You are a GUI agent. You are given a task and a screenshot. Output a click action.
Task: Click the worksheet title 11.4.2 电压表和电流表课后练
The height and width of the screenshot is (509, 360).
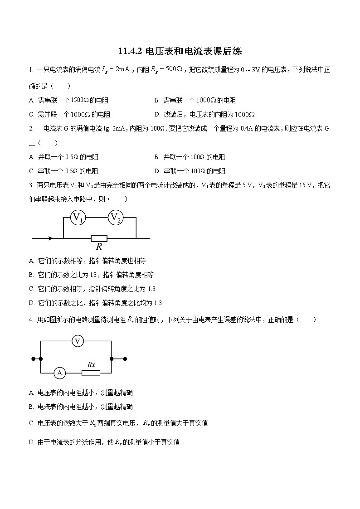[180, 51]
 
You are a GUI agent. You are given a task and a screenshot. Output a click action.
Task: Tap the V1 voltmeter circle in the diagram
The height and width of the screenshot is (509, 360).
[78, 218]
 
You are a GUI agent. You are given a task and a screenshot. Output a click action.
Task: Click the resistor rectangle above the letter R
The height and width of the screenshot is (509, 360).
[99, 238]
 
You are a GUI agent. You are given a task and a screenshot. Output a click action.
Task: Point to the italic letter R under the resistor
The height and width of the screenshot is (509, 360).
[99, 247]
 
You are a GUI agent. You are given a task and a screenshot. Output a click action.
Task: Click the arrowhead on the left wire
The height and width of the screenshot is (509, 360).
[50, 238]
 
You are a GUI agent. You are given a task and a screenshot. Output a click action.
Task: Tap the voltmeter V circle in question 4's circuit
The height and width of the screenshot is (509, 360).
[78, 341]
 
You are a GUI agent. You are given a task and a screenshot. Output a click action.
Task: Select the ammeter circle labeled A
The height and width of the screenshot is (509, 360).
[59, 373]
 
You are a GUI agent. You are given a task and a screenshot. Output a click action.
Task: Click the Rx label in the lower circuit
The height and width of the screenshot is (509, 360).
[91, 364]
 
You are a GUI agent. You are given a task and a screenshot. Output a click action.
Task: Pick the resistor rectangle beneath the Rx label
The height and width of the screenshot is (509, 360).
[91, 373]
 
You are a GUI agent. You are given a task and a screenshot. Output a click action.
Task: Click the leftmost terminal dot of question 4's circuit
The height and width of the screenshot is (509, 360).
[33, 359]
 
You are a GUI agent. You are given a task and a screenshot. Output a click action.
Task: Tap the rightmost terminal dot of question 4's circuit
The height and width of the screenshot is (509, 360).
[125, 359]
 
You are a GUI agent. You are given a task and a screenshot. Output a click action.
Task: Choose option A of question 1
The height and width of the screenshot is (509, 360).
[68, 100]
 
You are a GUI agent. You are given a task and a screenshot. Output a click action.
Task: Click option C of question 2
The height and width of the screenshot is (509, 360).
[63, 171]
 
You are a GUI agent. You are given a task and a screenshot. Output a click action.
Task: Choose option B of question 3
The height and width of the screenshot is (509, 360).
[91, 275]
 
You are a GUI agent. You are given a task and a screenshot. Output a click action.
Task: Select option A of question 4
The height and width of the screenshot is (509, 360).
[81, 393]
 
